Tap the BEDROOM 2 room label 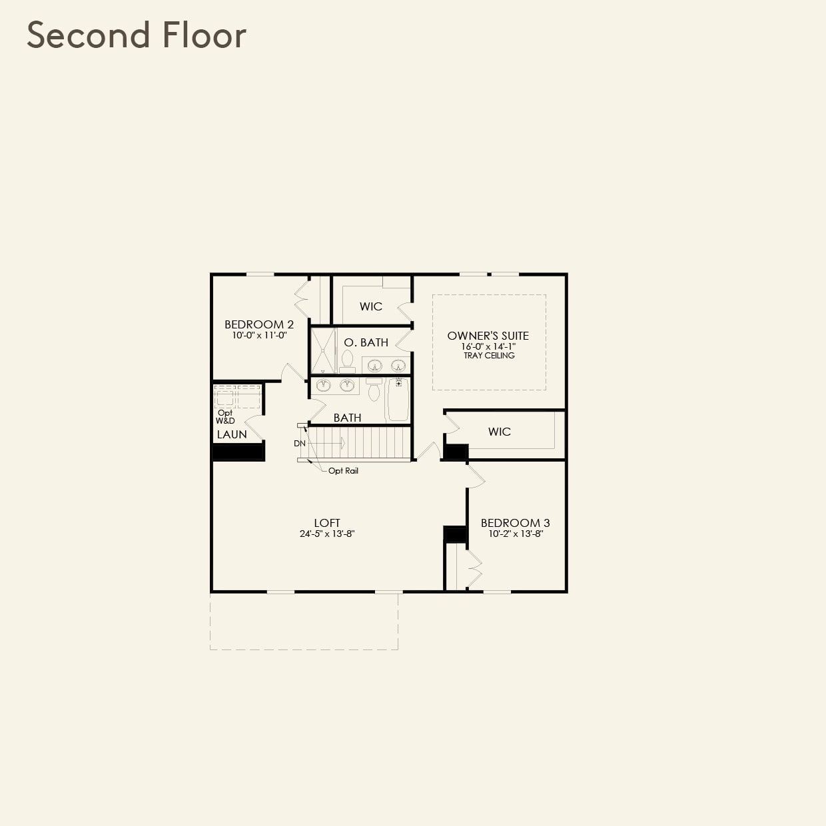coord(259,324)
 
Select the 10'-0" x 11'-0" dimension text coord(259,336)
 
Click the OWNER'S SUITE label coord(488,336)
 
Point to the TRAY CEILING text coord(489,356)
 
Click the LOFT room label coord(327,523)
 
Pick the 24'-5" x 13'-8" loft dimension coord(327,534)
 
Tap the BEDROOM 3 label coord(516,523)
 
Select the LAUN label coord(232,434)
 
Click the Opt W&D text coord(225,417)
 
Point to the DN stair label coord(300,444)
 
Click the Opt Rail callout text coord(343,471)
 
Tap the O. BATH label coord(366,342)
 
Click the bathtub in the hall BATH coord(398,400)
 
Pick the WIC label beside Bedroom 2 coord(371,306)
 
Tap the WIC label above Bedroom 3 coord(500,432)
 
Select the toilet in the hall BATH coord(374,390)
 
